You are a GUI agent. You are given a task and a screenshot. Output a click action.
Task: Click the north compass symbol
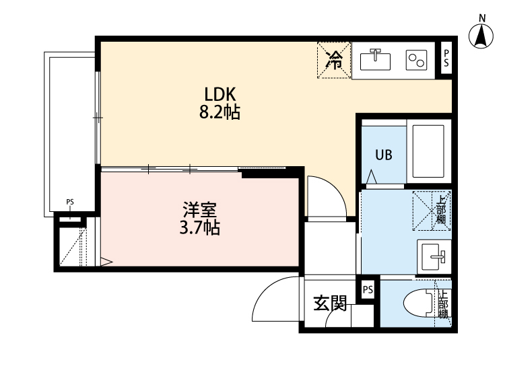click(481, 35)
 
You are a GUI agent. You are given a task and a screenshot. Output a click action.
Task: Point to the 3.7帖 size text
click(199, 228)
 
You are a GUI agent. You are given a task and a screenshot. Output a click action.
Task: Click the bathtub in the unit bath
click(426, 151)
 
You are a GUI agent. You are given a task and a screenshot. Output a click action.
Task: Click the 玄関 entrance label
click(330, 305)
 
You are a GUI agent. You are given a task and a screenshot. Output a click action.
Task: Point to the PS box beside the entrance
click(368, 290)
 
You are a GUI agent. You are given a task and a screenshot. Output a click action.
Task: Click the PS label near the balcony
click(70, 201)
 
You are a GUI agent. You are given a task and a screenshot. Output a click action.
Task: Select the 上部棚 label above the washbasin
click(440, 209)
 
